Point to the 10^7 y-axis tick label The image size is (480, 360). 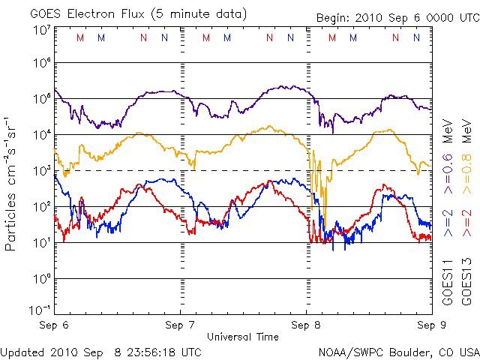[41, 31]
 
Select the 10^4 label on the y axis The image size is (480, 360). [41, 135]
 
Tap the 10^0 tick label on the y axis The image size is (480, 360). [41, 279]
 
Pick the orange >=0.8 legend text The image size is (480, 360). [466, 160]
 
